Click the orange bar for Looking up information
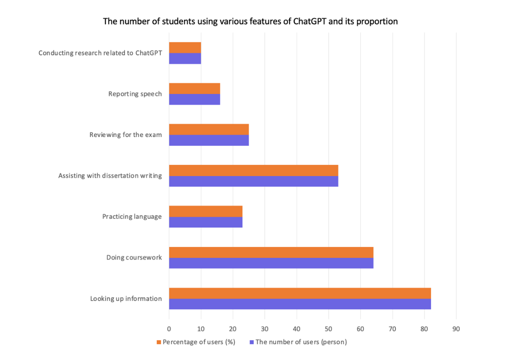[x=300, y=293]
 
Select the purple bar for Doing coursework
[x=271, y=263]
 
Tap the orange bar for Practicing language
[x=206, y=211]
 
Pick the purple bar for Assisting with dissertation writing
[x=254, y=181]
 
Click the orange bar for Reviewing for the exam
[x=209, y=129]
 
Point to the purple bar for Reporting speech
[x=194, y=99]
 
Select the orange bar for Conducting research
[x=185, y=47]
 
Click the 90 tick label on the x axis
[x=456, y=329]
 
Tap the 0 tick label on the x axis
[x=169, y=329]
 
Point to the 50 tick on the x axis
[x=329, y=329]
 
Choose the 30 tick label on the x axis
[x=265, y=329]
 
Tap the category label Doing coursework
[x=134, y=258]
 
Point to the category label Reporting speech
[x=135, y=94]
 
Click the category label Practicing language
[x=132, y=217]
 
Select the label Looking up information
[x=126, y=298]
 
